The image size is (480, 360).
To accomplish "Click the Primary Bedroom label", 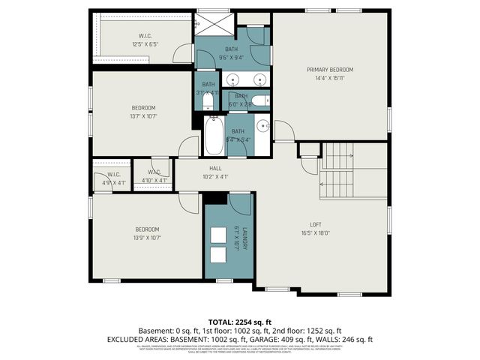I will click(329, 70).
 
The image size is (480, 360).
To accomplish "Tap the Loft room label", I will click(315, 223).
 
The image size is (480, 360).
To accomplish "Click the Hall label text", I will click(214, 169).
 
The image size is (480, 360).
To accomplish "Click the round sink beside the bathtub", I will click(262, 125).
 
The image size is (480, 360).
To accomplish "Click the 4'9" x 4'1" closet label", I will click(102, 181).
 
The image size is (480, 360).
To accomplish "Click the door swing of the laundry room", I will click(240, 204).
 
